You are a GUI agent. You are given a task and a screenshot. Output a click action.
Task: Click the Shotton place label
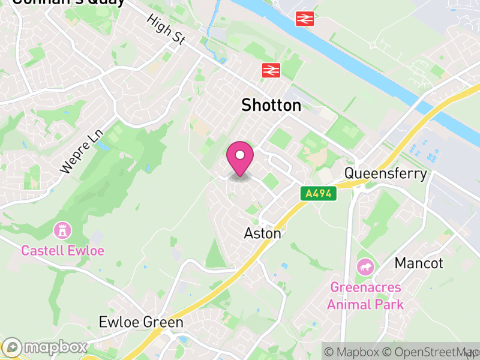pyautogui.click(x=271, y=106)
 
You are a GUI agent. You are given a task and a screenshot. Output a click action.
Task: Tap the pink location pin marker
pyautogui.click(x=240, y=160)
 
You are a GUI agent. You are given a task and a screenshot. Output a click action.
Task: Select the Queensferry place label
pyautogui.click(x=385, y=174)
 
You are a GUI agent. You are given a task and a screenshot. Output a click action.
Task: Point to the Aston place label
pyautogui.click(x=262, y=233)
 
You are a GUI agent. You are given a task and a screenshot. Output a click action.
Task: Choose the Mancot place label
pyautogui.click(x=419, y=263)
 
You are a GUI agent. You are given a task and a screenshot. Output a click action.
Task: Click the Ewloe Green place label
pyautogui.click(x=140, y=323)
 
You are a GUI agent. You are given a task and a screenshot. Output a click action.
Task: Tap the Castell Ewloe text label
pyautogui.click(x=62, y=250)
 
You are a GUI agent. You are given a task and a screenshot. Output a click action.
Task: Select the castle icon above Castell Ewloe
pyautogui.click(x=62, y=230)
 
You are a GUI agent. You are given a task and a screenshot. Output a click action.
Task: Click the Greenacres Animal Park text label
pyautogui.click(x=365, y=296)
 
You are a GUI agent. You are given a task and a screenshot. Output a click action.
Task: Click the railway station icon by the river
pyautogui.click(x=305, y=19)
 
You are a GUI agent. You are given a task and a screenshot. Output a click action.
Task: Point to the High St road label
pyautogui.click(x=166, y=28)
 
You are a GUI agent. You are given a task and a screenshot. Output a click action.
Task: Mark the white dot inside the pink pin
pyautogui.click(x=240, y=155)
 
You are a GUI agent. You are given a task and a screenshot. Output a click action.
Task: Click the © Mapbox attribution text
pyautogui.click(x=355, y=352)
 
